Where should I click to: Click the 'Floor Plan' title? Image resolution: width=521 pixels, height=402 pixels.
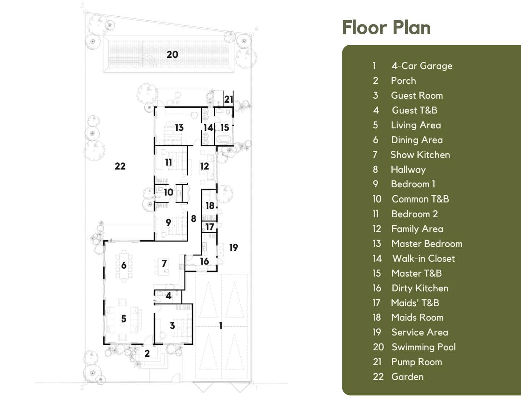tap(386, 28)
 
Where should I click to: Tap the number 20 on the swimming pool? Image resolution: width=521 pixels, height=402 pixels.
tap(172, 55)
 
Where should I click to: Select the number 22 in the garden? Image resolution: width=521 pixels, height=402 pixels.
tap(120, 166)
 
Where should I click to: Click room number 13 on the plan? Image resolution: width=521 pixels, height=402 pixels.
tap(179, 128)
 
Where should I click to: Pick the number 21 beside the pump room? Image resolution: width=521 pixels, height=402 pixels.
tap(229, 99)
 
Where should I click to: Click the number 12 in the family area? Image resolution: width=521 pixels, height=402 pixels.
tap(204, 166)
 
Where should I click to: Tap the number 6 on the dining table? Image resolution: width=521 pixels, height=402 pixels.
tap(124, 265)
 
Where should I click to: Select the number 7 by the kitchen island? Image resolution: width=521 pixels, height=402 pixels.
tap(164, 264)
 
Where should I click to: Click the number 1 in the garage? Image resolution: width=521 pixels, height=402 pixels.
tap(221, 326)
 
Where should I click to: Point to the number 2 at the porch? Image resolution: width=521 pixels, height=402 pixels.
tap(147, 353)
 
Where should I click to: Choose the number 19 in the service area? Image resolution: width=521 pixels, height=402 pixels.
tap(233, 248)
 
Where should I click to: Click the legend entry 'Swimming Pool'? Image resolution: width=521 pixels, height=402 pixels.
tap(424, 347)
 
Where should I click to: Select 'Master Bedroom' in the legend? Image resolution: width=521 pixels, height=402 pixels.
tap(427, 244)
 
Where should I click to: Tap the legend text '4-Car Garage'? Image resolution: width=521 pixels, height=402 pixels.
tap(422, 66)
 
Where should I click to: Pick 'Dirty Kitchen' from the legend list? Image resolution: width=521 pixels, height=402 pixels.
tap(420, 288)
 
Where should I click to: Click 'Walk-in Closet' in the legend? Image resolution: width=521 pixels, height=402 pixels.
tap(424, 258)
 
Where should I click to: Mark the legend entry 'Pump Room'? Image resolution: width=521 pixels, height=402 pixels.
tap(417, 362)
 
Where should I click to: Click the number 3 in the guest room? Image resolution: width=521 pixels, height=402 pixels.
tap(172, 326)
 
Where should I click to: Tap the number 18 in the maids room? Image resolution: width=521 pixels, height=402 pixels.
tap(210, 206)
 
